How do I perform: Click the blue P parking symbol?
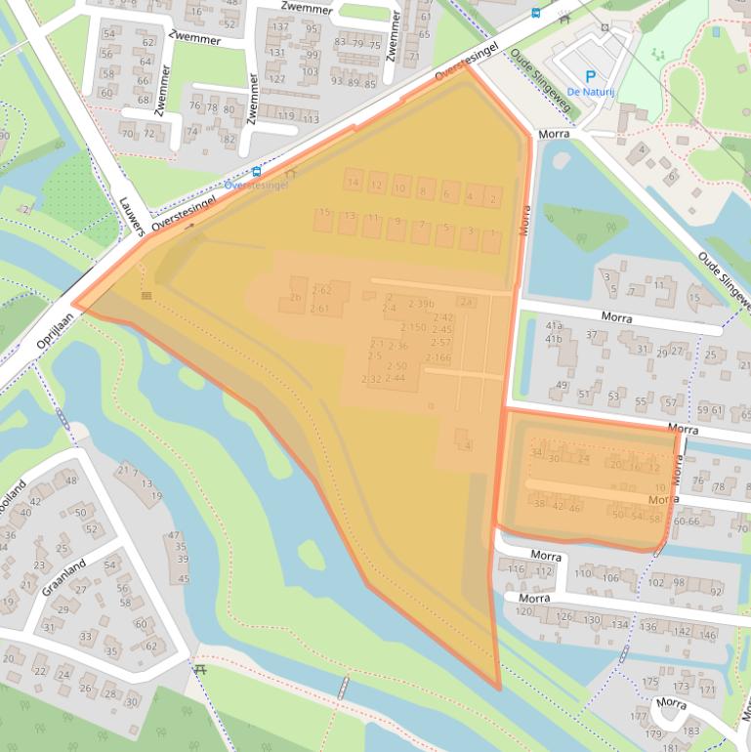pyautogui.click(x=589, y=76)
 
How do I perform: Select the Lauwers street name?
pyautogui.click(x=132, y=211)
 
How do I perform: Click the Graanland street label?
pyautogui.click(x=63, y=576)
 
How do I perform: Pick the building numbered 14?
pyautogui.click(x=353, y=183)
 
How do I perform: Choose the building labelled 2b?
pyautogui.click(x=294, y=297)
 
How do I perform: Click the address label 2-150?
pyautogui.click(x=413, y=327)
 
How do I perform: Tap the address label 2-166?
pyautogui.click(x=438, y=357)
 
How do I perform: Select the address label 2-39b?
pyautogui.click(x=421, y=304)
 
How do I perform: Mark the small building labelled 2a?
pyautogui.click(x=467, y=302)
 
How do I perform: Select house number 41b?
pyautogui.click(x=554, y=339)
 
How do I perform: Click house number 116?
pyautogui.click(x=517, y=569)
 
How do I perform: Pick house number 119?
pyautogui.click(x=285, y=116)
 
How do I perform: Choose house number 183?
pyautogui.click(x=691, y=731)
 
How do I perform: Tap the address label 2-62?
pyautogui.click(x=321, y=290)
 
